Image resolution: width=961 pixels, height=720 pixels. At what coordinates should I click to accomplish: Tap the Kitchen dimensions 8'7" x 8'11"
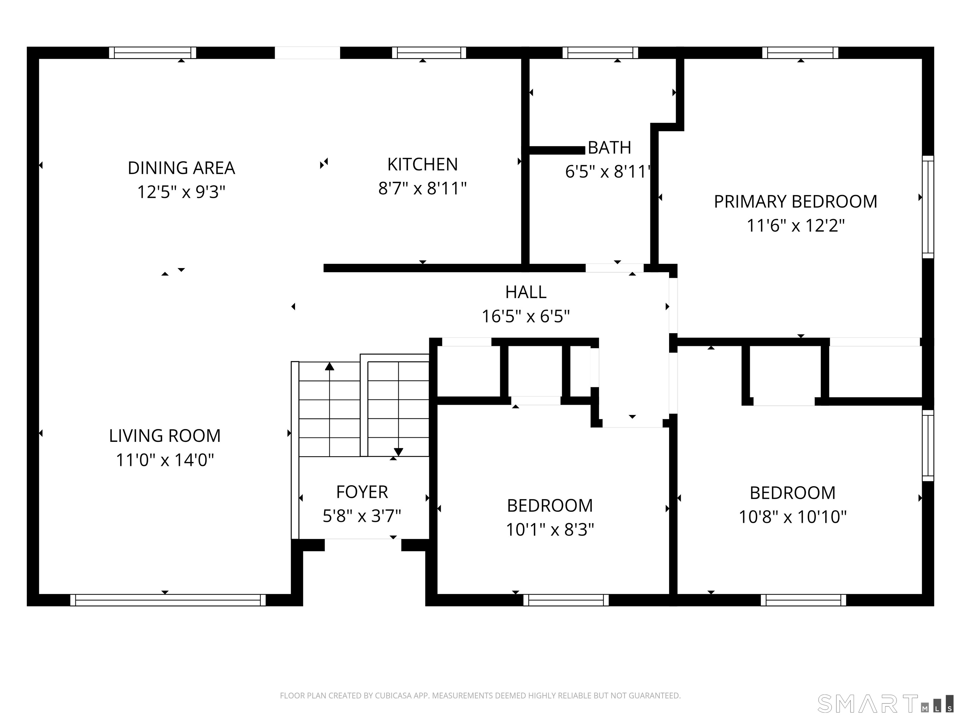coord(422,189)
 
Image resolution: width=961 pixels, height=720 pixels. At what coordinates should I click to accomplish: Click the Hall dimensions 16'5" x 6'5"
coord(526,316)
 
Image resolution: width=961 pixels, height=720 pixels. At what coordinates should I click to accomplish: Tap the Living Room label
coord(165,436)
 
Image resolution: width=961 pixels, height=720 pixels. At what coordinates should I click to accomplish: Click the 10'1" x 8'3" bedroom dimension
coord(550,529)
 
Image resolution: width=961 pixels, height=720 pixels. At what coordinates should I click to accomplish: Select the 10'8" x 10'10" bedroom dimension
coord(793,517)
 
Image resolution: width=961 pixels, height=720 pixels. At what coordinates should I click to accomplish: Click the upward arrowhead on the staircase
coord(330,366)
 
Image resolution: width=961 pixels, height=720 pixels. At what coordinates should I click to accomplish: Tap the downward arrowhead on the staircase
coord(399,452)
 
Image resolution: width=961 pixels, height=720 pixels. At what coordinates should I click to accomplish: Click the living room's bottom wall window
coord(168,600)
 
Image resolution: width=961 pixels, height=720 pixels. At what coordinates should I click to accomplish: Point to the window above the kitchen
coord(429,53)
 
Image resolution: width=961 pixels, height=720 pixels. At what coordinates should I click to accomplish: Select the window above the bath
coord(600,53)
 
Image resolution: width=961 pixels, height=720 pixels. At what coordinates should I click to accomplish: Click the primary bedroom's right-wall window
coord(928,207)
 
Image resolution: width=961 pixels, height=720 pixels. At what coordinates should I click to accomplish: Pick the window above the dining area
coord(152,53)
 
